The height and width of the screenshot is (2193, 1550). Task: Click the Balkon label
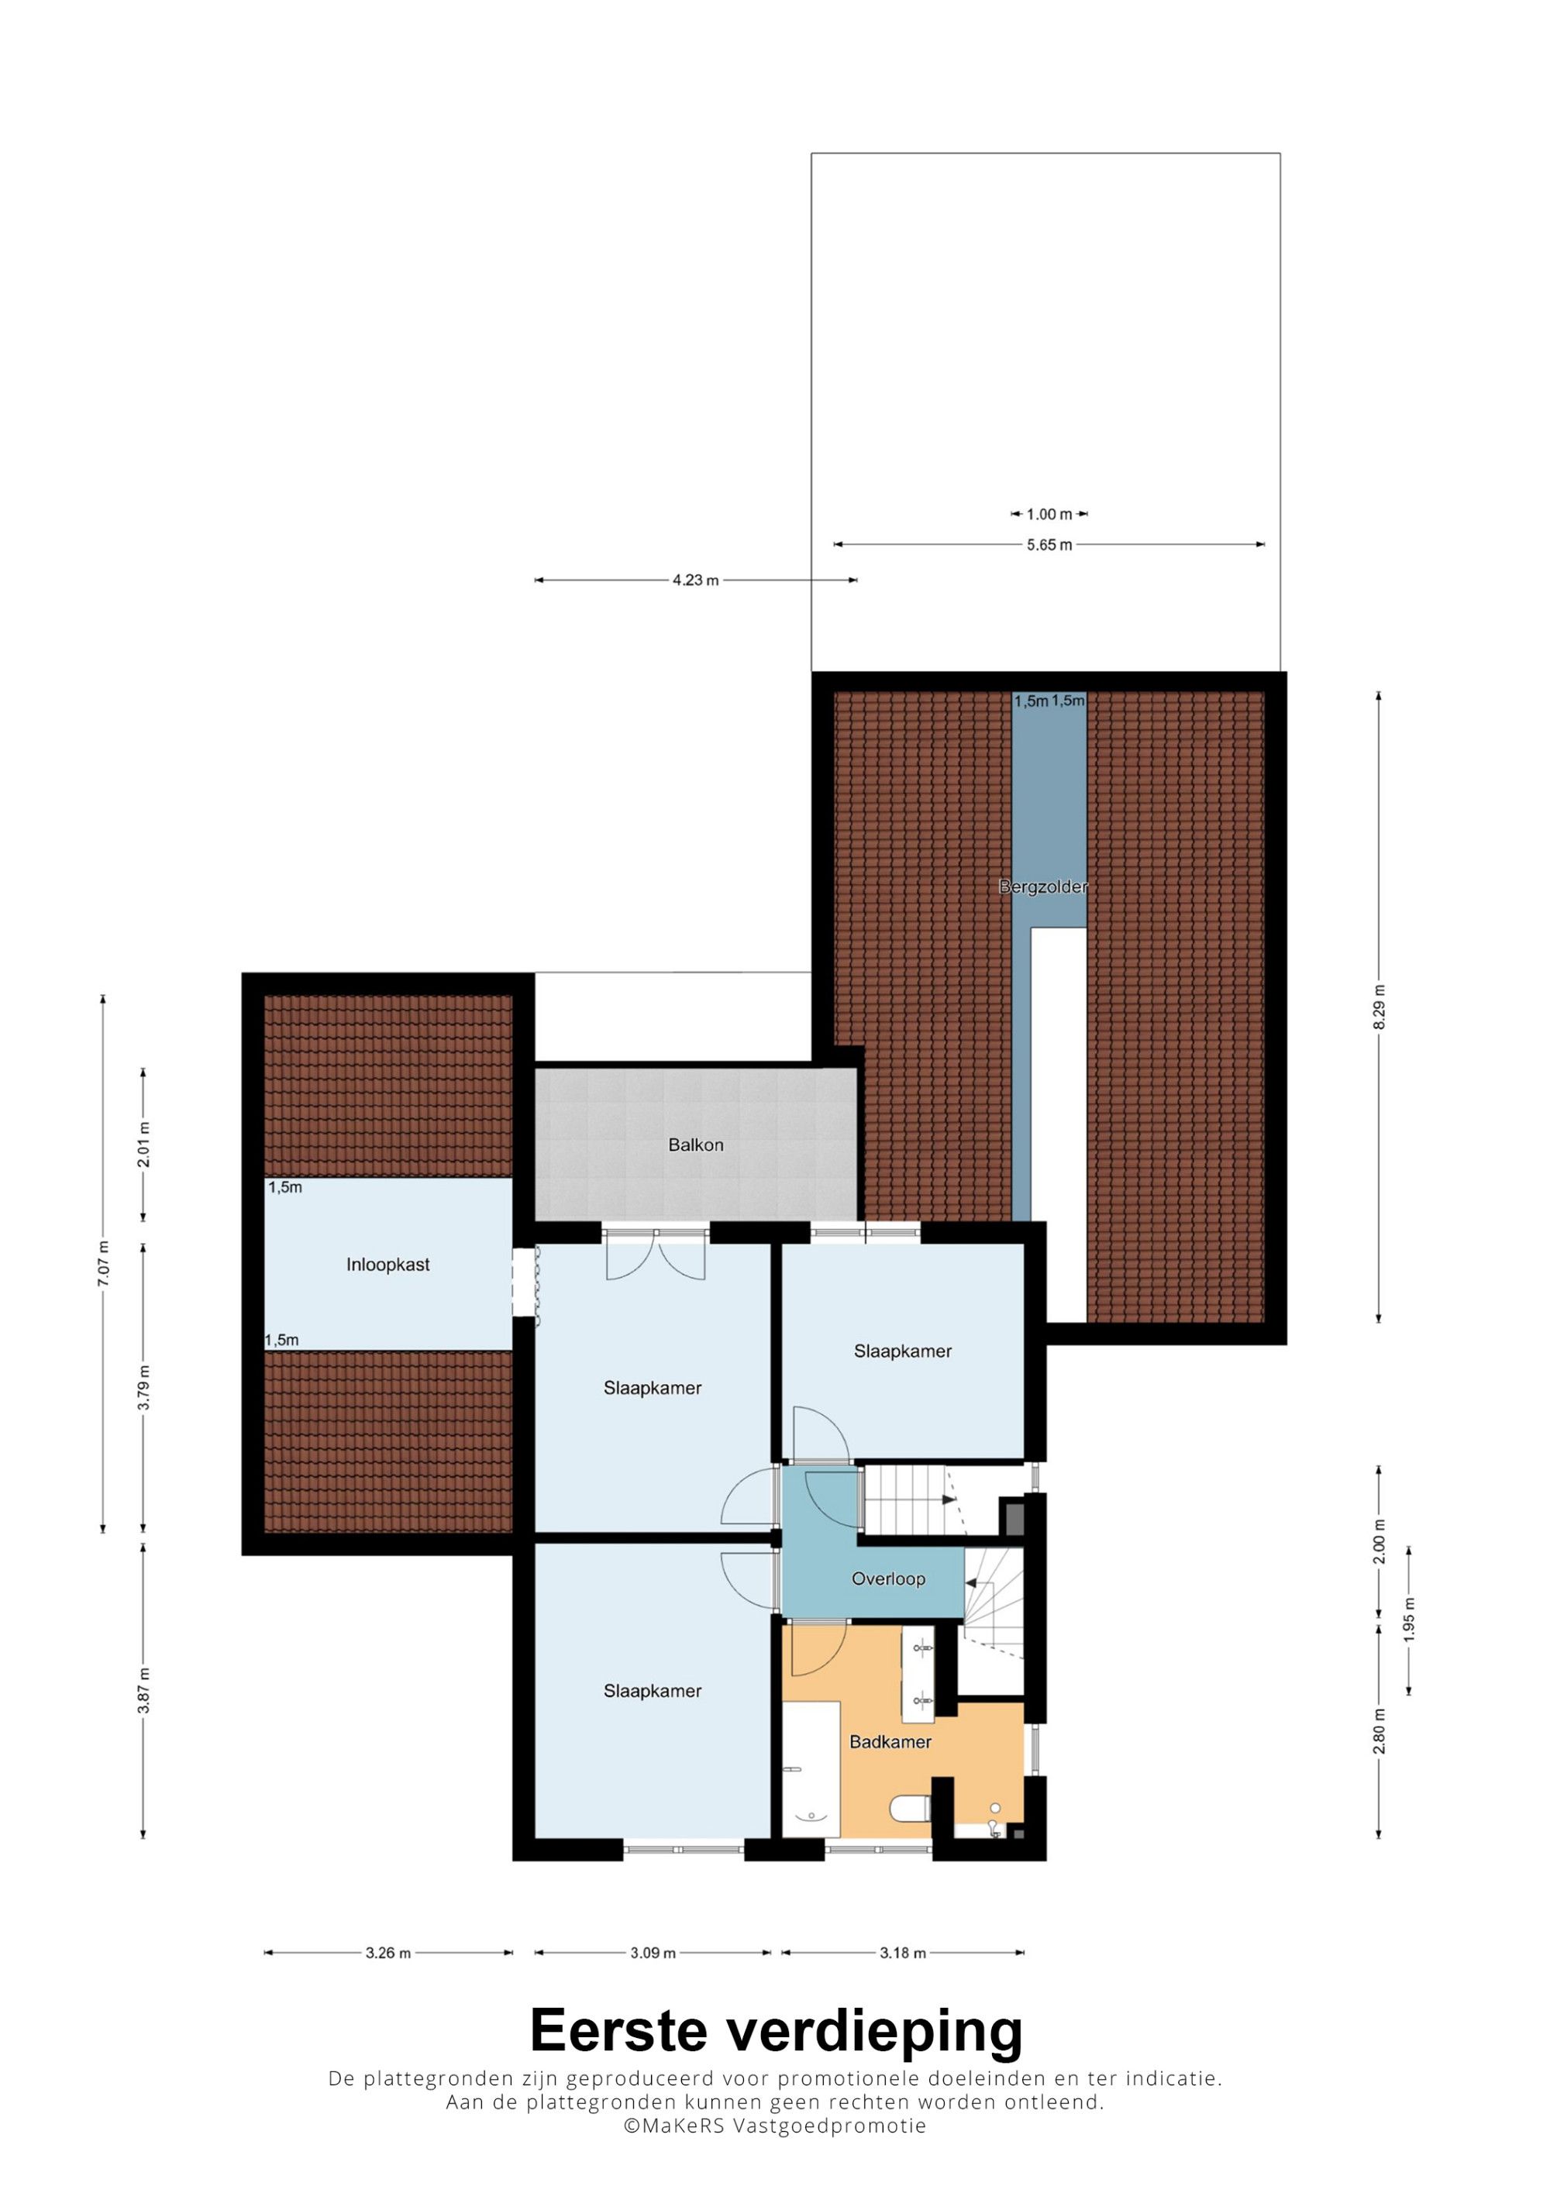point(695,1145)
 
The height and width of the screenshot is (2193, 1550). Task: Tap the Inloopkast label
point(387,1265)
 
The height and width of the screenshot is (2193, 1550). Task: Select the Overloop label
point(888,1578)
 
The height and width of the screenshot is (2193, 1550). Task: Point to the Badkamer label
point(890,1742)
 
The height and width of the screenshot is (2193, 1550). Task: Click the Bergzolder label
point(1043,886)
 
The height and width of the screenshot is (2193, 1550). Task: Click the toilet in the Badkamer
point(911,1808)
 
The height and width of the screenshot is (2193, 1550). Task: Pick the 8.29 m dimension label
point(1378,1007)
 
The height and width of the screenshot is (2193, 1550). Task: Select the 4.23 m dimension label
point(695,580)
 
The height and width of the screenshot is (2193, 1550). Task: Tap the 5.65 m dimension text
point(1049,545)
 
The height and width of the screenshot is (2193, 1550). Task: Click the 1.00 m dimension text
point(1049,514)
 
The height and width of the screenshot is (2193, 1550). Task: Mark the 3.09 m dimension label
point(653,1954)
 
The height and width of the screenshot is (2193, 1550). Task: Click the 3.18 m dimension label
point(903,1954)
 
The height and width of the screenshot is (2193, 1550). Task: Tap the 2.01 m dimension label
point(143,1145)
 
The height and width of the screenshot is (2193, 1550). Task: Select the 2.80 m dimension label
point(1378,1730)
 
